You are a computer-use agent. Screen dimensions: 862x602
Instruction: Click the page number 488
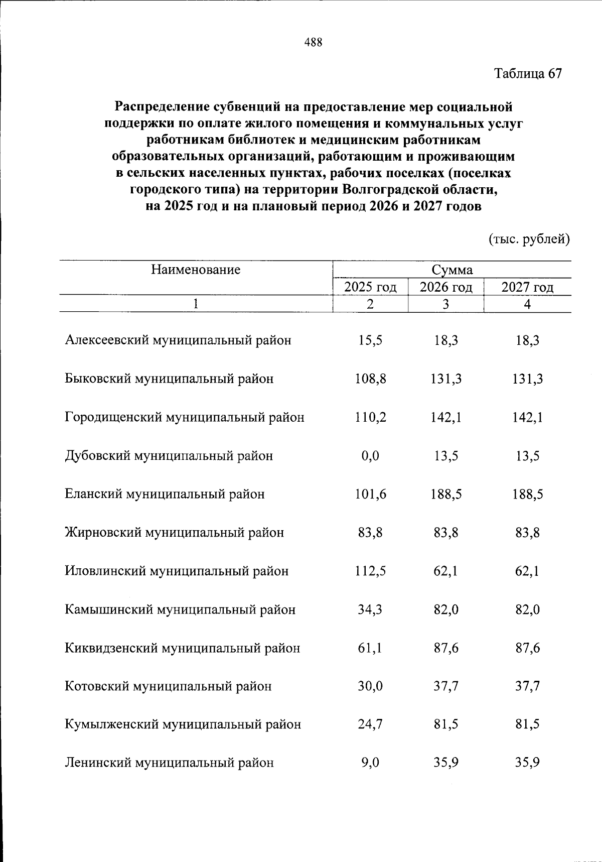pyautogui.click(x=313, y=42)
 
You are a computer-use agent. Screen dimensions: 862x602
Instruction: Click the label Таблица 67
pyautogui.click(x=528, y=74)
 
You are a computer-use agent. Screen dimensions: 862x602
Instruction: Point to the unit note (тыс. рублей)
pyautogui.click(x=529, y=239)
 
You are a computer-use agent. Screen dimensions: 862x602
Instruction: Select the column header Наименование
pyautogui.click(x=196, y=270)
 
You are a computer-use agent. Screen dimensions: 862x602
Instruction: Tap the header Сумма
pyautogui.click(x=452, y=270)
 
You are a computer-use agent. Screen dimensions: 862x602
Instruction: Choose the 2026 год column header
pyautogui.click(x=446, y=287)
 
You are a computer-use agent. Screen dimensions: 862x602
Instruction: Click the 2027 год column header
pyautogui.click(x=527, y=287)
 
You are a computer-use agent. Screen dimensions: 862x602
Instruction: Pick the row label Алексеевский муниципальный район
pyautogui.click(x=178, y=340)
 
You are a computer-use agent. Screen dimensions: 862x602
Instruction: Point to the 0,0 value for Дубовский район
pyautogui.click(x=370, y=456)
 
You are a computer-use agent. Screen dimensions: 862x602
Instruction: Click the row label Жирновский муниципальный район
pyautogui.click(x=174, y=532)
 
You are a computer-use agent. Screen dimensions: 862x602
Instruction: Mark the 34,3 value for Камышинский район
pyautogui.click(x=370, y=609)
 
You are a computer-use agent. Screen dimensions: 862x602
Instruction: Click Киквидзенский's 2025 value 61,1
pyautogui.click(x=370, y=648)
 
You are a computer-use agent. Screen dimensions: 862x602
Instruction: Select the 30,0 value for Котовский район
pyautogui.click(x=370, y=686)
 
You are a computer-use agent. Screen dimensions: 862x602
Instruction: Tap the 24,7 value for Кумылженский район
pyautogui.click(x=370, y=724)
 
